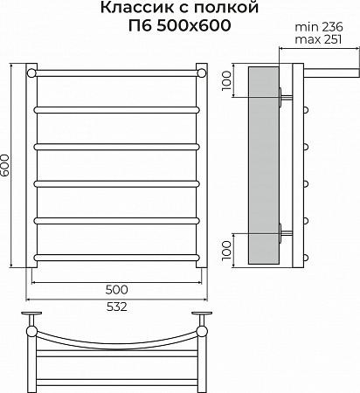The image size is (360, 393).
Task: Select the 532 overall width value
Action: pos(116,307)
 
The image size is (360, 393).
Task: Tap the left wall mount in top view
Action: pos(33,316)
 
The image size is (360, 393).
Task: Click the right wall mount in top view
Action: pos(203,316)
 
